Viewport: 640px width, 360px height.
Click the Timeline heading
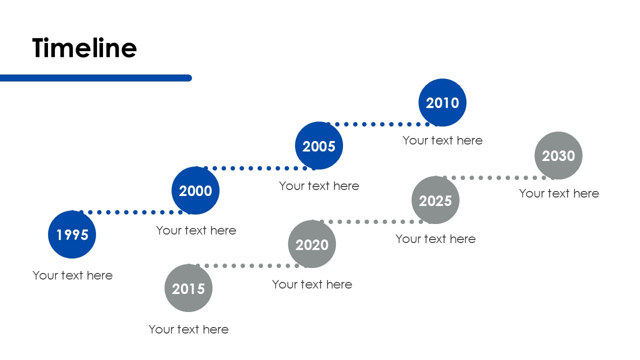(x=84, y=47)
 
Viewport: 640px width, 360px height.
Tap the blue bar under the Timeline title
(x=95, y=78)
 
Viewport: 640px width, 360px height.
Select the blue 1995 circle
(x=72, y=234)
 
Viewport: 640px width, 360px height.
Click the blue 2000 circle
(x=195, y=190)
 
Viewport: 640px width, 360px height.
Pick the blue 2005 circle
(x=319, y=145)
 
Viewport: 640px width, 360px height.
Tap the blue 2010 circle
(x=442, y=102)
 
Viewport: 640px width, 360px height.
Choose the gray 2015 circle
(x=188, y=288)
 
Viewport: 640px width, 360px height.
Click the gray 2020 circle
(x=312, y=244)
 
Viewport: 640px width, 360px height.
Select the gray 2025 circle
(x=435, y=200)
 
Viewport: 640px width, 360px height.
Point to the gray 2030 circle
(x=558, y=155)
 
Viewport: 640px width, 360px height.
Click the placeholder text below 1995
(x=72, y=275)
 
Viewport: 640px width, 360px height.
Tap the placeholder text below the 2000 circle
(x=196, y=230)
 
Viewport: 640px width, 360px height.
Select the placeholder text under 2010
(x=442, y=140)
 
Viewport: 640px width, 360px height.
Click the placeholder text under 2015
(x=188, y=329)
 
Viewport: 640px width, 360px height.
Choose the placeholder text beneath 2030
(x=559, y=193)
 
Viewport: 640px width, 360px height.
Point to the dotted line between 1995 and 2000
(x=131, y=212)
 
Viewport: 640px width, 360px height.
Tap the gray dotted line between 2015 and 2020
(x=247, y=265)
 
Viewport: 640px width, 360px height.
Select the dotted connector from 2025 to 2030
(x=494, y=177)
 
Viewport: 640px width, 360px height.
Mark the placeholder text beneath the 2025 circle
(x=435, y=239)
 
